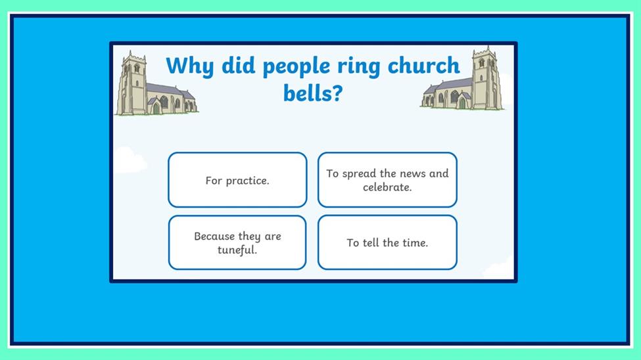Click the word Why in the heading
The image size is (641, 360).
(190, 66)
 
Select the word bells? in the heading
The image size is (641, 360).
(313, 93)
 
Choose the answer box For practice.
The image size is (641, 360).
(237, 180)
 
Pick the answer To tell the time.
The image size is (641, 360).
(387, 242)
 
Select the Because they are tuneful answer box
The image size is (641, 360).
(237, 242)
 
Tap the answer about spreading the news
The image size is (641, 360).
(387, 180)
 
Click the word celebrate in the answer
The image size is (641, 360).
(387, 187)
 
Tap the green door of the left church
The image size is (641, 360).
(156, 108)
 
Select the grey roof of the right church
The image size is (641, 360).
(450, 85)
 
